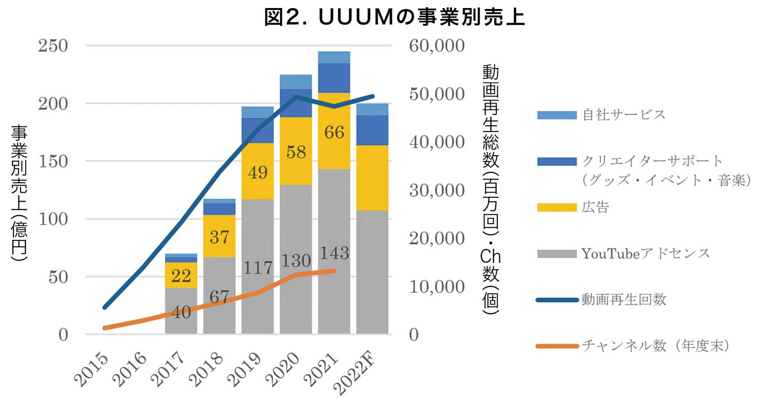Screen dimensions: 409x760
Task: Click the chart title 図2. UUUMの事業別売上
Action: pos(394,17)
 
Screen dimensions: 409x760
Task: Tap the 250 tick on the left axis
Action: pos(53,46)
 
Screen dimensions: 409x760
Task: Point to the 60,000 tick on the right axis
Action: pos(437,46)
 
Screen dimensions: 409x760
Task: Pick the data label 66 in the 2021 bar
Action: pos(334,132)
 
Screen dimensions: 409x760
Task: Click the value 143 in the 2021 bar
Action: pos(334,253)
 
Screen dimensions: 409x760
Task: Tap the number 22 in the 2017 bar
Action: pos(180,276)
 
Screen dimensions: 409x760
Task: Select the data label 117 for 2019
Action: pos(257,268)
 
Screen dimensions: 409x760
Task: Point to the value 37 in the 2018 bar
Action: pos(219,237)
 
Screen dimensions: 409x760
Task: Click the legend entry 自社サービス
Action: pos(624,115)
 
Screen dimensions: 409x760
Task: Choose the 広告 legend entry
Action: pos(595,207)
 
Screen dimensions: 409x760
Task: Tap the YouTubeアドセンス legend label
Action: pos(645,254)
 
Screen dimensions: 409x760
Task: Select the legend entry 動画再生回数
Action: pos(624,300)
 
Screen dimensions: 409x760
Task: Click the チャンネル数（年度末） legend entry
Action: pos(655,346)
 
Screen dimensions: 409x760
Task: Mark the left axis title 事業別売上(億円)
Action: pos(19,192)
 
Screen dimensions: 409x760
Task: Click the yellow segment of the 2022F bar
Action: pos(372,177)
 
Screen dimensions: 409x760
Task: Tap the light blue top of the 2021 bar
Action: pos(334,57)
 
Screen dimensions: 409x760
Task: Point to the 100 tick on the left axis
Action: pos(53,219)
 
